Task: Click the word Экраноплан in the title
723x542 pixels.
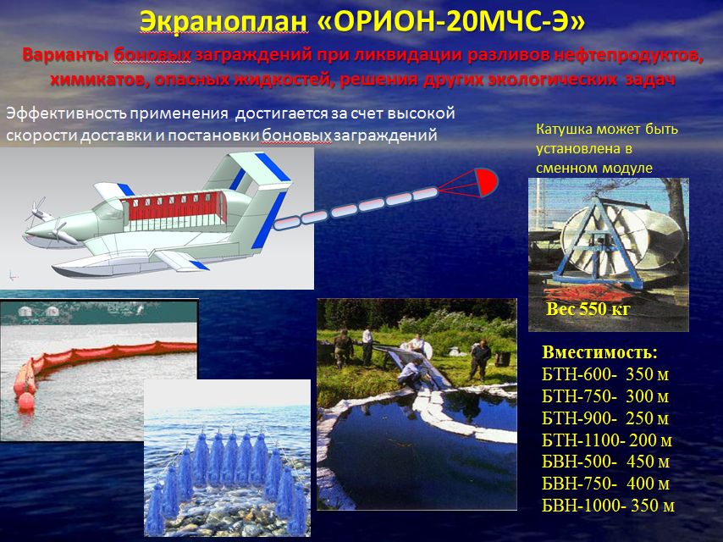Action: pos(224,22)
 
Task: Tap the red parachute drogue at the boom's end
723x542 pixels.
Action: pos(486,182)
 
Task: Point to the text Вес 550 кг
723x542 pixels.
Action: pos(588,308)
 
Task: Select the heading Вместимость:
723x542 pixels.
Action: pos(599,352)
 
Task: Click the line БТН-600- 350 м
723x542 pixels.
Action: pos(605,374)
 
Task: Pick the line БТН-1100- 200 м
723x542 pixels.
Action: pos(607,440)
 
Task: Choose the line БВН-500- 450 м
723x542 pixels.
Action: pos(605,462)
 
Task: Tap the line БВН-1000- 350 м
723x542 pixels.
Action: pos(608,506)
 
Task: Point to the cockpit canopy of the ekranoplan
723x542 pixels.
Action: pos(109,210)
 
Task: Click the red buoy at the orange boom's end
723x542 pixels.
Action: pos(25,401)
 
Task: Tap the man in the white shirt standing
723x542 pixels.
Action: pos(367,346)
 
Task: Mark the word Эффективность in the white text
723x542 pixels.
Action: pos(66,113)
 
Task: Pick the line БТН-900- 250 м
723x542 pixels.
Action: pos(605,418)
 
